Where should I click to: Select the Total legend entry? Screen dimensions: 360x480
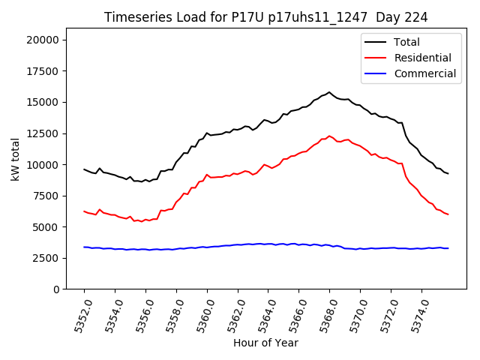coord(406,42)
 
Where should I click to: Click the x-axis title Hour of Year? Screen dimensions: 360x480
coord(265,343)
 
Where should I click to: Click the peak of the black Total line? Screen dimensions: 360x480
coord(329,92)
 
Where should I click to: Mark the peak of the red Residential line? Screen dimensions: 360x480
coord(329,136)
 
